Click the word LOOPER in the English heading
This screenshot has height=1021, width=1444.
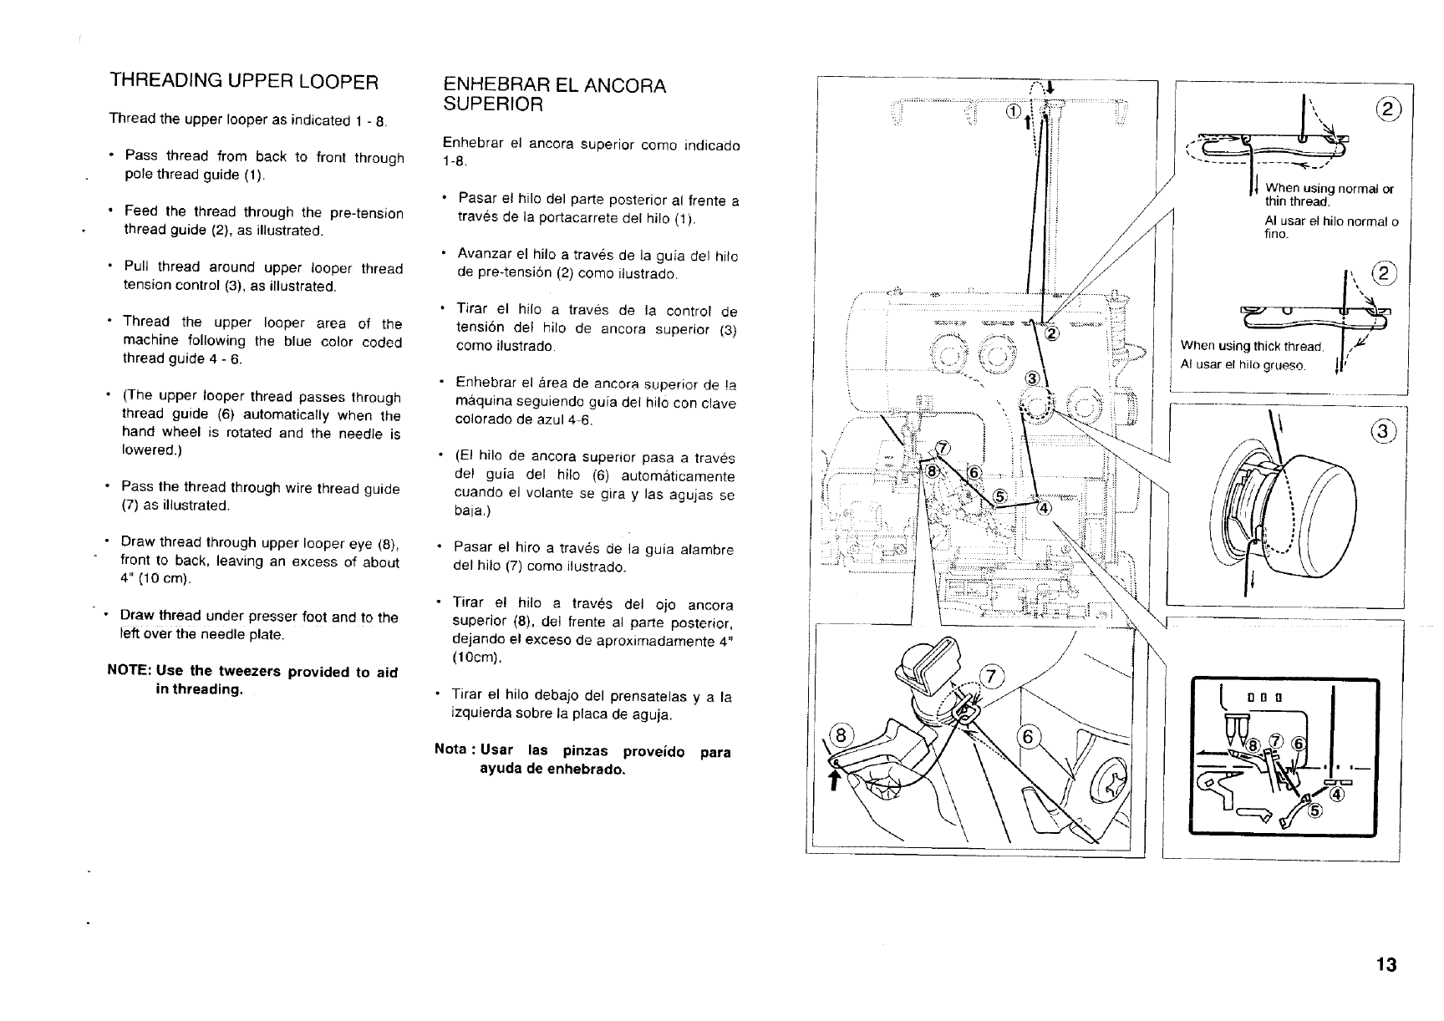pos(334,82)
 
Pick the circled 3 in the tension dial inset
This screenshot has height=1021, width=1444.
pos(1384,431)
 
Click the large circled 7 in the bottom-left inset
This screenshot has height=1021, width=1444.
pos(991,677)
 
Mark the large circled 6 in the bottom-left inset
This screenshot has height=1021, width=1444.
pos(1030,737)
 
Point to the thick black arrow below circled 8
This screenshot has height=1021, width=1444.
pos(832,780)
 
